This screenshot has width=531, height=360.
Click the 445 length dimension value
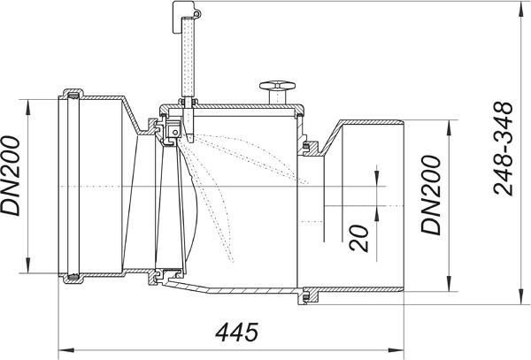pos(236,333)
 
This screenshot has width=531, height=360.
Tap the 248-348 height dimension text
pos(504,149)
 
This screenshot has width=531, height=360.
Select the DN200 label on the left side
pos(11,176)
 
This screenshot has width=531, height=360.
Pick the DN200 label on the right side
pos(431,195)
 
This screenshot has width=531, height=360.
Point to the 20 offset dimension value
pos(359,238)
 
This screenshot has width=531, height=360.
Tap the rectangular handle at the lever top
pos(183,17)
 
